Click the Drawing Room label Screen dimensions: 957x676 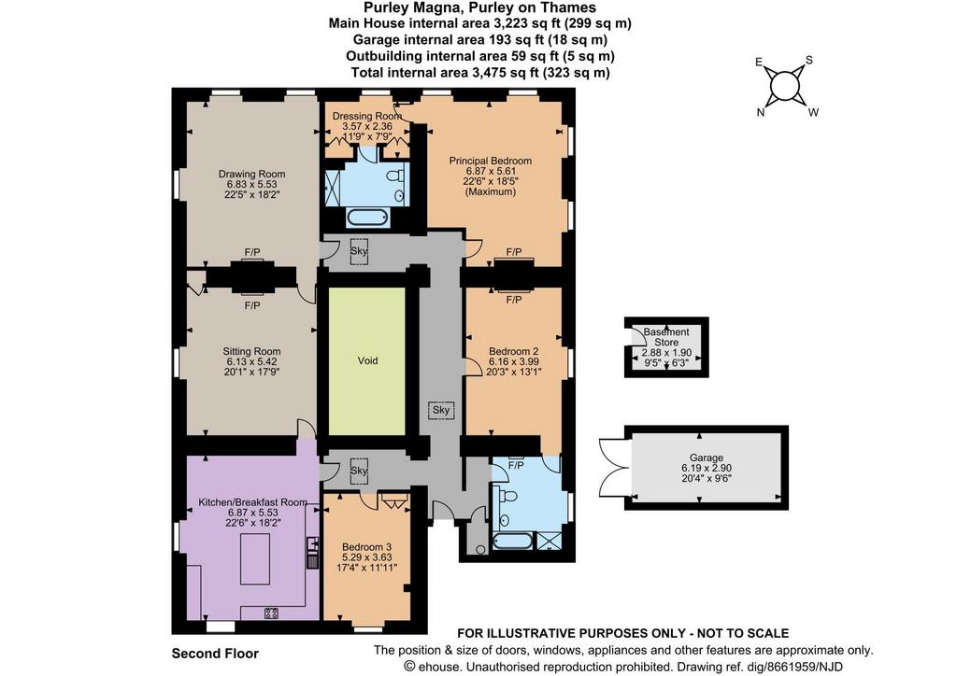[x=252, y=174]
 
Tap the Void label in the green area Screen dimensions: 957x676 [x=367, y=360]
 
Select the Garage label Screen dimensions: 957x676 [x=707, y=458]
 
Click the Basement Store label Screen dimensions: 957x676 [x=666, y=337]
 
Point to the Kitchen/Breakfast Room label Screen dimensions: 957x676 [x=252, y=502]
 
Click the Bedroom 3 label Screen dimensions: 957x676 [x=366, y=547]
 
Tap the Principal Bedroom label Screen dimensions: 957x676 [x=490, y=161]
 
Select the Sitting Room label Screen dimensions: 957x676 [x=251, y=351]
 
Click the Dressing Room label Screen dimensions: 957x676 [x=366, y=116]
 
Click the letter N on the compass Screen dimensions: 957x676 [x=761, y=112]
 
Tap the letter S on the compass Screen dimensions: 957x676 [x=809, y=60]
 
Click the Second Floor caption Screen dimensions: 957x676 [x=215, y=654]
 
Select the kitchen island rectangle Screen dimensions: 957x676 [x=255, y=559]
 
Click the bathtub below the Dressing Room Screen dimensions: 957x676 [x=366, y=217]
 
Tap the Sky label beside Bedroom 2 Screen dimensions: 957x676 [x=441, y=410]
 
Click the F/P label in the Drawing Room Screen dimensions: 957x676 [x=252, y=252]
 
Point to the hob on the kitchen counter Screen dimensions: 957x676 [x=272, y=613]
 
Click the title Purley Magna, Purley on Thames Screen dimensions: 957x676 [x=479, y=7]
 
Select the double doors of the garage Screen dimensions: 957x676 [x=613, y=468]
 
